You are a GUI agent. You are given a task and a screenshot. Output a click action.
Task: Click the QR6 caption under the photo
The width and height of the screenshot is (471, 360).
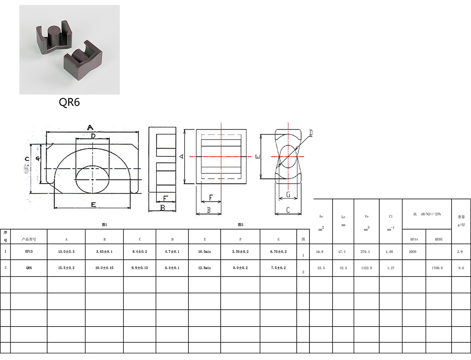point(69,102)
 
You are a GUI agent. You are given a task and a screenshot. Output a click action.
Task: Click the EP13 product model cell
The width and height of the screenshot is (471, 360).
point(29,251)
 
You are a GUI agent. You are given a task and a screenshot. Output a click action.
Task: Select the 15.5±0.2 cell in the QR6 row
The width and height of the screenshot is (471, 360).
point(66,268)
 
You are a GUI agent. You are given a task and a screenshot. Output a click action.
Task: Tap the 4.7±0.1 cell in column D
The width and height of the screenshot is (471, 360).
point(172,251)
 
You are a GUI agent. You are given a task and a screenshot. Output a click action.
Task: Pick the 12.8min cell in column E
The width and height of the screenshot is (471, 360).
point(205,268)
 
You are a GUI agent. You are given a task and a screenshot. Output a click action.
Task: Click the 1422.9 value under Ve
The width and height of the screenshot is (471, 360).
point(366,268)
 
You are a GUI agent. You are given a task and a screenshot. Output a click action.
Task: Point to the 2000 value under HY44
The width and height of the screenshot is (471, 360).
point(412,251)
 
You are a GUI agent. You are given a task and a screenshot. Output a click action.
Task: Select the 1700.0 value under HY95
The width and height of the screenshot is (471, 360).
point(437,268)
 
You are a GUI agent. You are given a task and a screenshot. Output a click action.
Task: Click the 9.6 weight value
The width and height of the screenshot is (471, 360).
point(461,268)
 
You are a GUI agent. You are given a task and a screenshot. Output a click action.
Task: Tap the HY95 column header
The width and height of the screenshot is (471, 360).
point(438,239)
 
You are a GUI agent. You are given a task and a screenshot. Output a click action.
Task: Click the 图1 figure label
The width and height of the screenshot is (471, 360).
point(105,225)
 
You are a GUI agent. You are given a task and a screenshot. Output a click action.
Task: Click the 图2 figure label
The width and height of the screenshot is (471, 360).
point(240,225)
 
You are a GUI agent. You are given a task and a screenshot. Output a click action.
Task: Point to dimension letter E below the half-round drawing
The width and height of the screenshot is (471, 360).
point(93,204)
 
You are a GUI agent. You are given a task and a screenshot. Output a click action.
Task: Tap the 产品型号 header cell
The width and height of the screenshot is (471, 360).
point(29,239)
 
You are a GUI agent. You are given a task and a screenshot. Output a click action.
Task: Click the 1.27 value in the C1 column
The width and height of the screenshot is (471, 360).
point(390,268)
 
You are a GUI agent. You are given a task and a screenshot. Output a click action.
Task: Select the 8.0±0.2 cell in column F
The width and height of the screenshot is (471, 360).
point(240,268)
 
